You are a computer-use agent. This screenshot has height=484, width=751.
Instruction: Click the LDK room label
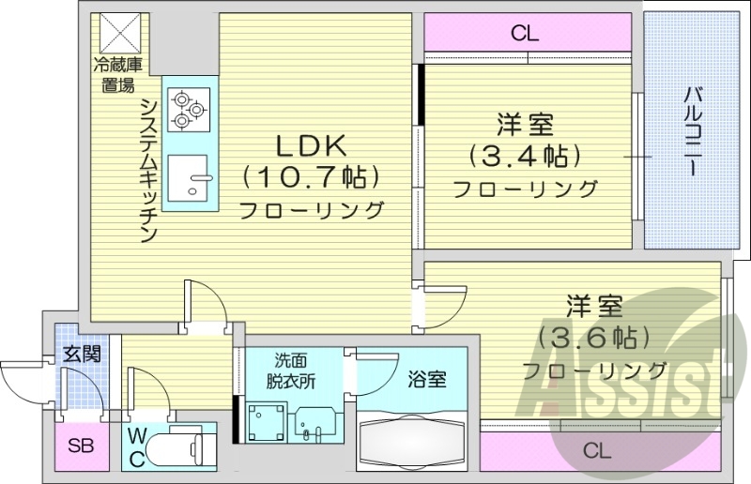pos(311,145)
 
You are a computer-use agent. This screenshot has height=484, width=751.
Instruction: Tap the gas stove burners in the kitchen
pos(187,108)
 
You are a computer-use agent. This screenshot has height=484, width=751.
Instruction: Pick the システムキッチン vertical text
pos(148,170)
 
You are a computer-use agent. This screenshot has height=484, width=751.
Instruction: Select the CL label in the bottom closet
pos(596,450)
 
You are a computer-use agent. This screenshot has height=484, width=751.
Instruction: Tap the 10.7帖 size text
pos(311,176)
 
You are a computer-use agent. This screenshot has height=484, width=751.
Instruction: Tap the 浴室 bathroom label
pos(426,379)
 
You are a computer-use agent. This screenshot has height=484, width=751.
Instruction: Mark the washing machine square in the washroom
pos(265,419)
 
